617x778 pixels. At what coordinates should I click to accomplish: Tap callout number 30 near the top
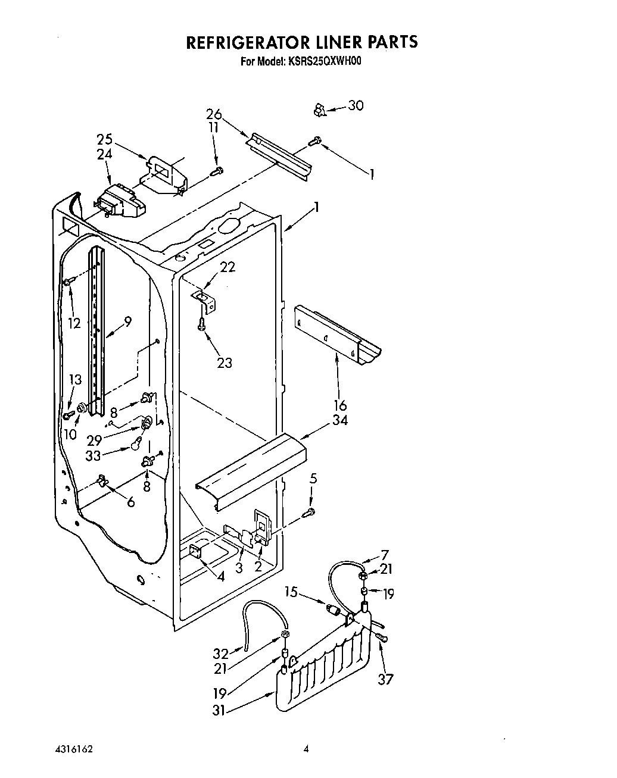[356, 105]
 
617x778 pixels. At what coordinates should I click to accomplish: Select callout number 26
[214, 114]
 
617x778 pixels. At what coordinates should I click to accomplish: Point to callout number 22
[228, 267]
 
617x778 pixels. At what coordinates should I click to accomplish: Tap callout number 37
[386, 679]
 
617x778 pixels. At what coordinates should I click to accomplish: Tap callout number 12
[74, 323]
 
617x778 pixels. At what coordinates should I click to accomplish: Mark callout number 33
[94, 457]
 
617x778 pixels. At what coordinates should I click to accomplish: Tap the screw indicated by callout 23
[202, 323]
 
